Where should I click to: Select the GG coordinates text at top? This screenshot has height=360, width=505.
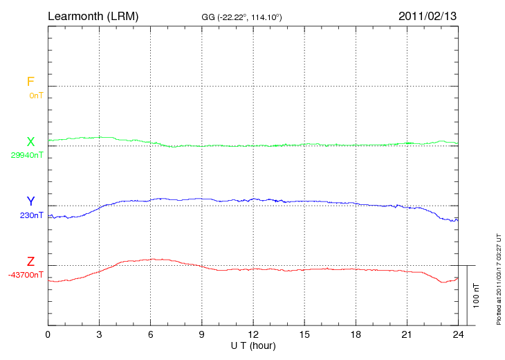coord(241,16)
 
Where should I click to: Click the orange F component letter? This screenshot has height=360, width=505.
coord(30,82)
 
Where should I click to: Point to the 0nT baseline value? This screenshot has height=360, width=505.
coord(36,96)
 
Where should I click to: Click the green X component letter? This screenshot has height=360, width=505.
coord(30,142)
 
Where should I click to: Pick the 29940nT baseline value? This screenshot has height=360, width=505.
coord(27,155)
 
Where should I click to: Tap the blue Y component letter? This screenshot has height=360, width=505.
coord(30,201)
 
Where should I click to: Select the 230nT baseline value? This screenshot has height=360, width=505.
coord(32,215)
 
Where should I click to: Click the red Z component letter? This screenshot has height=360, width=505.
coord(30,262)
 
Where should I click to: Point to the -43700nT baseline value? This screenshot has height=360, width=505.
coord(26,275)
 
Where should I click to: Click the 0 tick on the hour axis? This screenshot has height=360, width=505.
coord(48,334)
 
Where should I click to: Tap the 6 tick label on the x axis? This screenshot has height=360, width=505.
coord(151,334)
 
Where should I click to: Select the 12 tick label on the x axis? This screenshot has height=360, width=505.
coord(253,334)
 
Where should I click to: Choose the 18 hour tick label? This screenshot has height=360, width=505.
coord(356,334)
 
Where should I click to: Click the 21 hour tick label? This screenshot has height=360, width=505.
coord(407,334)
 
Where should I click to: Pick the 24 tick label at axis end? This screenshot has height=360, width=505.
coord(458,334)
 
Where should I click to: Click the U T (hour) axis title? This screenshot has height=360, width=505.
coord(253,345)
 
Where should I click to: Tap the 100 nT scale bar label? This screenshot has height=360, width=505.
coord(476,295)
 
